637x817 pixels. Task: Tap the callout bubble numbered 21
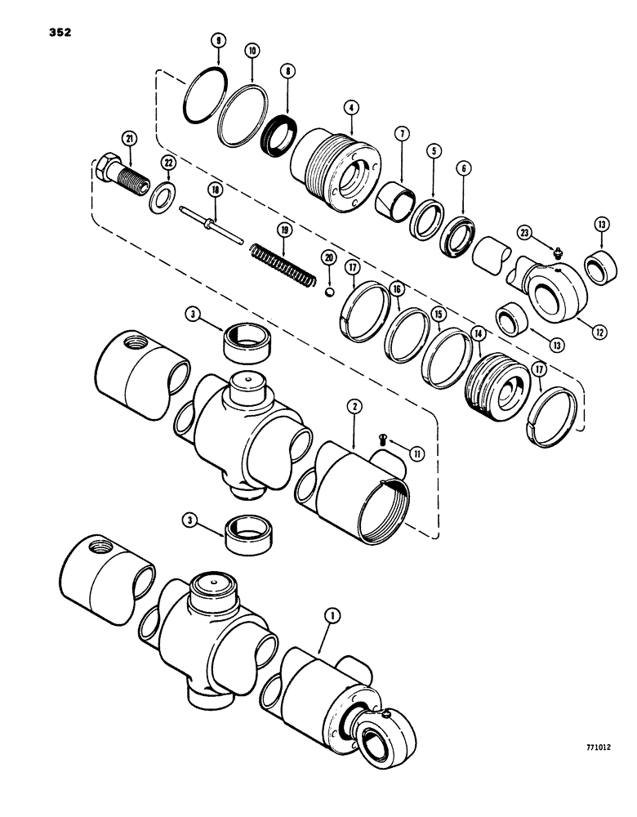128,138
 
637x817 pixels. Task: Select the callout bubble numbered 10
252,51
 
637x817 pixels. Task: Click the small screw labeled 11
385,442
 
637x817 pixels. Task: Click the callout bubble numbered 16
397,289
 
